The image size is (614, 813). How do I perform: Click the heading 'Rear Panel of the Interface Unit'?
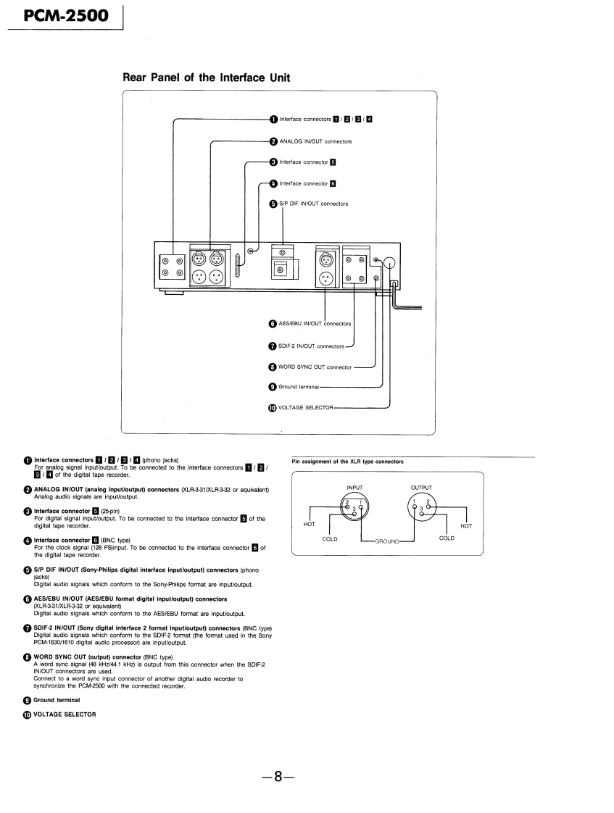tap(207, 78)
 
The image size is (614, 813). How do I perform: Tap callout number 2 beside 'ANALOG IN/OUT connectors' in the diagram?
tap(273, 141)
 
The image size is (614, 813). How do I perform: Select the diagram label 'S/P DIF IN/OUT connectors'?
tap(314, 204)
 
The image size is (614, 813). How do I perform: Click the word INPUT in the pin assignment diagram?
tap(354, 488)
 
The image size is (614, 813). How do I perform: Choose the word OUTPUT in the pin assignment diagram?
tap(420, 488)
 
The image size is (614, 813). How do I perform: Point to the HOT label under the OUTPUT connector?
tap(465, 526)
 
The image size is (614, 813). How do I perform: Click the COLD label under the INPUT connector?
tap(330, 538)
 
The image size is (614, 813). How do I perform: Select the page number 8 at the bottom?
tap(278, 776)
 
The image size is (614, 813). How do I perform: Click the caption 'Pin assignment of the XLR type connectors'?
tap(347, 461)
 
